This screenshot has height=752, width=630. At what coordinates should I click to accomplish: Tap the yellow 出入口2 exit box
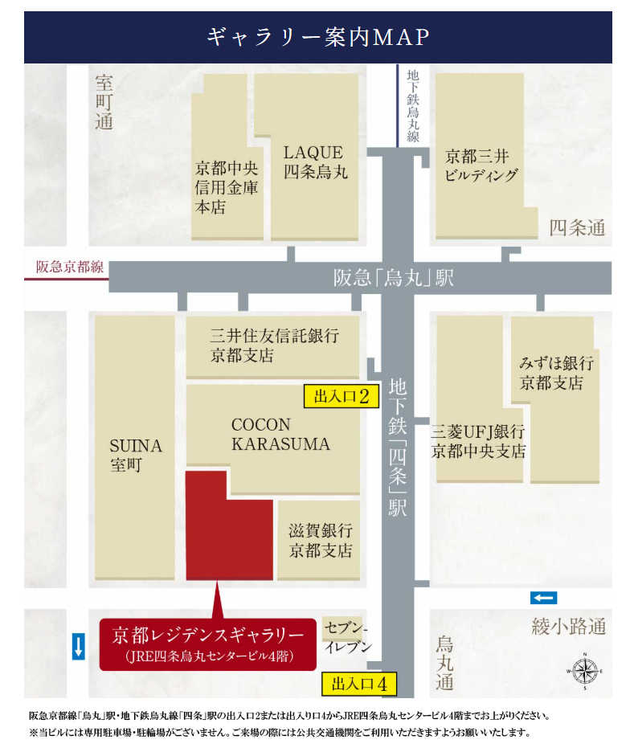coord(341,396)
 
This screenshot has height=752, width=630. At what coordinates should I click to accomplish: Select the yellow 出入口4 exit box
coord(359,685)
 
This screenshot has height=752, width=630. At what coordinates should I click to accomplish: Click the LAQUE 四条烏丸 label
coord(313,161)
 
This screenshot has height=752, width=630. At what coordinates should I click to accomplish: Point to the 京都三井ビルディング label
coord(481,165)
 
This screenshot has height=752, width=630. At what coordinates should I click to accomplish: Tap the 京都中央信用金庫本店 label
coord(227,188)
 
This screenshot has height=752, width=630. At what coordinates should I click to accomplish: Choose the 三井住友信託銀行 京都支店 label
coord(273,345)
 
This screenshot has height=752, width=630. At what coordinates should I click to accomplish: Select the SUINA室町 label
coord(135,455)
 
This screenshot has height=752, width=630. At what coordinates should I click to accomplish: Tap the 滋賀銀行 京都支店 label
coord(320,541)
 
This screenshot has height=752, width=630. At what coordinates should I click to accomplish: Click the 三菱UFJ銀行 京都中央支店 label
coord(478,441)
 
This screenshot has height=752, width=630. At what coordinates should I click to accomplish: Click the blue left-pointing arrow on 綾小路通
coord(543,597)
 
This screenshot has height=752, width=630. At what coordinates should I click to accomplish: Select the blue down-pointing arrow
coord(78,646)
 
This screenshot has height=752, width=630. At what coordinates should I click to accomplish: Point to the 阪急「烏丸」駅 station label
coord(394,278)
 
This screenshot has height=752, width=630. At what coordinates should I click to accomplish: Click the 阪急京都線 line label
coord(70,268)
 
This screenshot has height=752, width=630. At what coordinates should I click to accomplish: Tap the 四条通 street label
coord(576,228)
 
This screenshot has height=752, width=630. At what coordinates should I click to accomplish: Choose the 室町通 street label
coord(104,101)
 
